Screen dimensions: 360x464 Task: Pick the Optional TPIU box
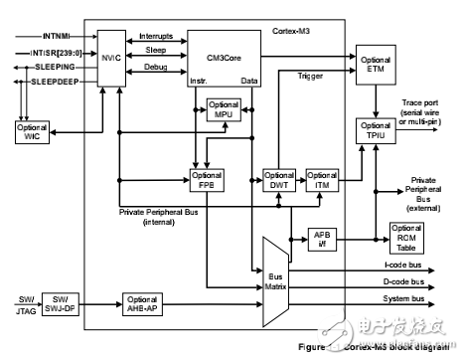point(375,129)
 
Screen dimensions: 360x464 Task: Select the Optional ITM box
point(321,180)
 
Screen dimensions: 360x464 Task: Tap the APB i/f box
point(321,239)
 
